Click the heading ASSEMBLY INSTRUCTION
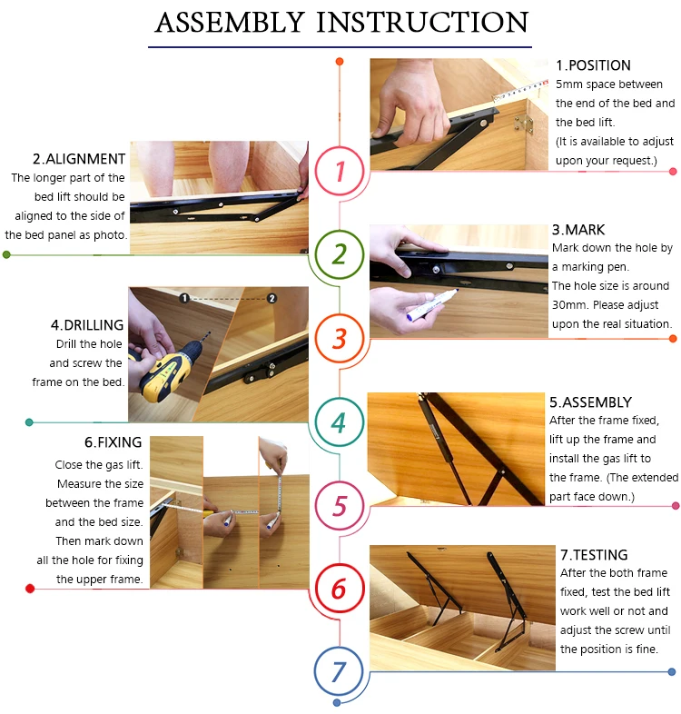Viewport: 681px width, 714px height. point(341,22)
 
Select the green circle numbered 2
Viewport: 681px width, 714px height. point(340,233)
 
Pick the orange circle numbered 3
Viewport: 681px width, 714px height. point(340,315)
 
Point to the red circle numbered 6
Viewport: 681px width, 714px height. point(340,566)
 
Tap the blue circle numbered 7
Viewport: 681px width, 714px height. point(339,649)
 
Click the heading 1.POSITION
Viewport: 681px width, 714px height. point(593,65)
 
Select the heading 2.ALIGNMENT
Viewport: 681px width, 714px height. point(79,159)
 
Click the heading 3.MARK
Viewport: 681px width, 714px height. point(578,230)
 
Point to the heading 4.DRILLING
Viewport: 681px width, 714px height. point(87,325)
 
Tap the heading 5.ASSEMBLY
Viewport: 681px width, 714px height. point(590,402)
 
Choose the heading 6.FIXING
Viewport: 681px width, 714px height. point(113,442)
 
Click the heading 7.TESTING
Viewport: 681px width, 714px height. point(594,555)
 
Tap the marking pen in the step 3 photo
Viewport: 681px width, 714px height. point(432,304)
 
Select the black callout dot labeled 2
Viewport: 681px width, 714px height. point(271,298)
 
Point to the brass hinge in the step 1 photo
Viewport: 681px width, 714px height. point(524,124)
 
